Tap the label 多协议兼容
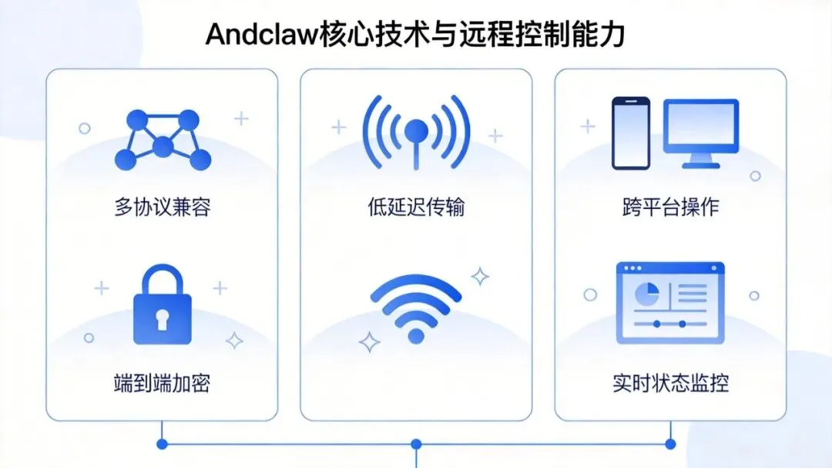tap(162, 207)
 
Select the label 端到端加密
tap(162, 383)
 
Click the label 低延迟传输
tap(416, 207)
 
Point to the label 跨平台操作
tap(670, 207)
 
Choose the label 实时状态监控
tap(670, 383)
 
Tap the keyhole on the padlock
tap(162, 318)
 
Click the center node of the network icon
tap(163, 146)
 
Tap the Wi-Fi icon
tap(416, 308)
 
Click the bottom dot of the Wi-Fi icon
tap(416, 335)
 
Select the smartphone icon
tap(631, 133)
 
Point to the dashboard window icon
tap(670, 303)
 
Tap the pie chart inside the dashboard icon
tap(645, 293)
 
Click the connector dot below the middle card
tap(416, 444)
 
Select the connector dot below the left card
tap(162, 444)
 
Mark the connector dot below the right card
tap(670, 444)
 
